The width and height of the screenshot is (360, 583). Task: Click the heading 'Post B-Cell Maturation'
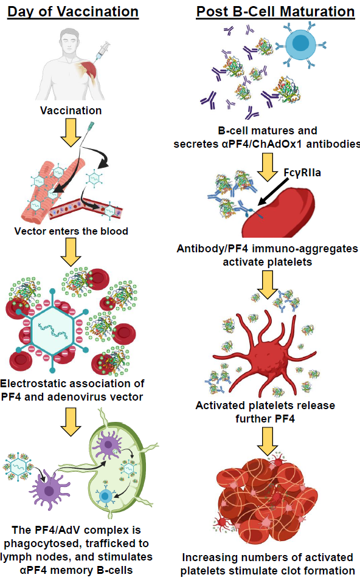(275, 12)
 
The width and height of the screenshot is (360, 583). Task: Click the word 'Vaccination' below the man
(71, 111)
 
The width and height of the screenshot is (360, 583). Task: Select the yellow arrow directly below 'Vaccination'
(71, 133)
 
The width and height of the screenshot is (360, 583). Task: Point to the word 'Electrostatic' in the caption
(37, 384)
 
